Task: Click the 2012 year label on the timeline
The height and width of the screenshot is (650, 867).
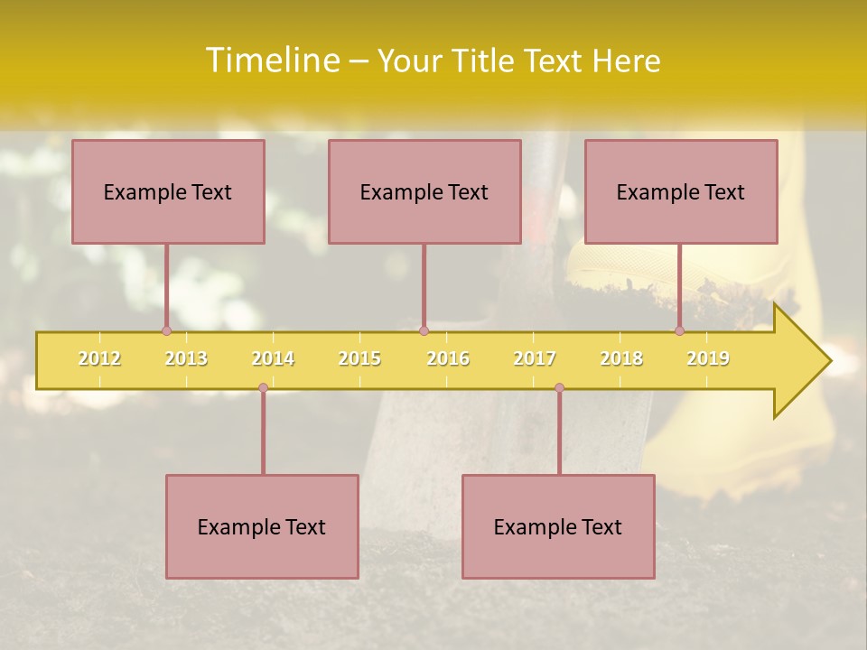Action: [x=99, y=358]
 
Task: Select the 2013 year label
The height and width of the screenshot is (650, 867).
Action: [x=186, y=358]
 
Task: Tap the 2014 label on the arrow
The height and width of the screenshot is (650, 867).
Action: [x=273, y=358]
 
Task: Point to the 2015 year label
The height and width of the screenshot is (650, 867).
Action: [x=359, y=358]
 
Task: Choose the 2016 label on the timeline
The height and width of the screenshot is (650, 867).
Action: [x=448, y=358]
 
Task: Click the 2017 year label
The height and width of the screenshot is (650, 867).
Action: [x=535, y=358]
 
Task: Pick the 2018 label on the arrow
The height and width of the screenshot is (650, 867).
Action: [x=621, y=358]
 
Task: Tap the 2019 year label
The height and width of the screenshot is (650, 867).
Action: [x=708, y=358]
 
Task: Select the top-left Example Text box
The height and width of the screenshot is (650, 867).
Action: [x=168, y=191]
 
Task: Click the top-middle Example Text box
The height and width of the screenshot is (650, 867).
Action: [x=424, y=191]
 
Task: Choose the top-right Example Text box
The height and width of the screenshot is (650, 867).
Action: [x=681, y=191]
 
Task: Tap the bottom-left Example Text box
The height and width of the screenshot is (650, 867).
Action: [x=262, y=526]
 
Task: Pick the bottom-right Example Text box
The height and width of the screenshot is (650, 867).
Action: [x=558, y=526]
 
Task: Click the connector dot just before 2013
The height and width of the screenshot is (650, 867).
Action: [x=166, y=330]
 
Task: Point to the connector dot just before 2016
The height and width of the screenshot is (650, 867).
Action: [x=424, y=330]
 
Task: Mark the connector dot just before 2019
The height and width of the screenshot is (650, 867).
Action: [x=680, y=330]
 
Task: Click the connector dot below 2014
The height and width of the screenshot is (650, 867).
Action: [x=263, y=388]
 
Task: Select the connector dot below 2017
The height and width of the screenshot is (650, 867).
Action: [x=559, y=388]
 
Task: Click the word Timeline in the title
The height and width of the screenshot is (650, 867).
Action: [x=272, y=60]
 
